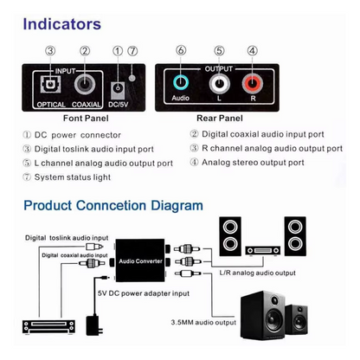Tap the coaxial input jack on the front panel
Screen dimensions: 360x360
pos(84,85)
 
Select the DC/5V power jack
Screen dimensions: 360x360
pos(117,87)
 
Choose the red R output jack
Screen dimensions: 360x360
pos(252,85)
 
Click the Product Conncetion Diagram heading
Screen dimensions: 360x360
pos(112,206)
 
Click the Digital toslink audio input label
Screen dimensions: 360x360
pos(66,236)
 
